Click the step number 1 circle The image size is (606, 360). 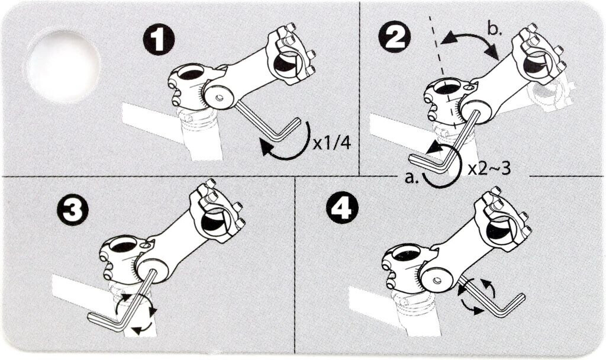pos(159,40)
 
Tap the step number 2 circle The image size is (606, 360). pos(395,37)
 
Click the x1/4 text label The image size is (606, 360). pos(331,143)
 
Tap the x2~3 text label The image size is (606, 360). pos(489,169)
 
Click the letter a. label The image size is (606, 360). pos(412,178)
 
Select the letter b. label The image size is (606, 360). pos(494,30)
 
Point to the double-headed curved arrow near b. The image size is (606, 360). pos(470,36)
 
